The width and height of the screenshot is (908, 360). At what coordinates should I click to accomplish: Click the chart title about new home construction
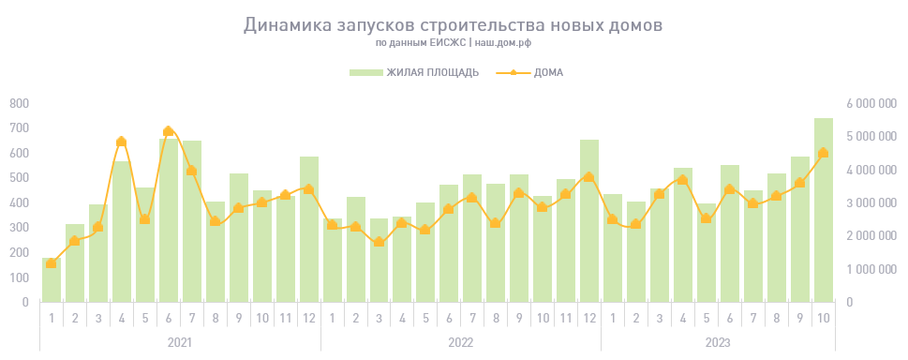point(453,25)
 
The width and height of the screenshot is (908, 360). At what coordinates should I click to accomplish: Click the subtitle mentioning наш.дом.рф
point(454,43)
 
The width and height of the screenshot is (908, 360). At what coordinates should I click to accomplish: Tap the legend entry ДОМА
point(548,72)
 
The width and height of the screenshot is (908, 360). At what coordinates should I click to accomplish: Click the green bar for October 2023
point(823,210)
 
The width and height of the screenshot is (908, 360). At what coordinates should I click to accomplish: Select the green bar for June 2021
point(169,220)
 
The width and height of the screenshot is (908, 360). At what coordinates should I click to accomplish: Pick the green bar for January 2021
point(52,279)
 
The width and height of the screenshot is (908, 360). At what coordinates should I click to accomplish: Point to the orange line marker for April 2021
point(122,142)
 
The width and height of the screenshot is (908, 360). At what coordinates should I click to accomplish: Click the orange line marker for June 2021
point(169,132)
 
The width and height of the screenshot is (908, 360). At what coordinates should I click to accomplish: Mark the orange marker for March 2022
point(379,242)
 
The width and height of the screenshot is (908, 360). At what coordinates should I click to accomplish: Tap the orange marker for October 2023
point(823,153)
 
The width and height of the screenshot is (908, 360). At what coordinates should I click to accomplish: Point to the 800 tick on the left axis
point(20,103)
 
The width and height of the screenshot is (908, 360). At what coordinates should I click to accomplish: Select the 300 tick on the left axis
point(20,228)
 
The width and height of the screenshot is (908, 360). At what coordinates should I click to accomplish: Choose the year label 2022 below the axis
point(460,342)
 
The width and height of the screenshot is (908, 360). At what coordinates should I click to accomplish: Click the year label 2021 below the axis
point(180,342)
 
